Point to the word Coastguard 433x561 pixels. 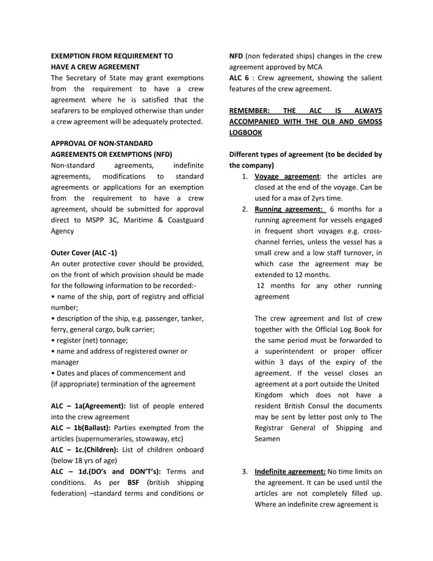coord(182,219)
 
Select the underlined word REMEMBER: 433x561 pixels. coord(249,110)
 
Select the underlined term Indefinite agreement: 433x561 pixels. coord(290,471)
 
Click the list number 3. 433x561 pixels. coord(244,471)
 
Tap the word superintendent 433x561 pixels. coord(293,351)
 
